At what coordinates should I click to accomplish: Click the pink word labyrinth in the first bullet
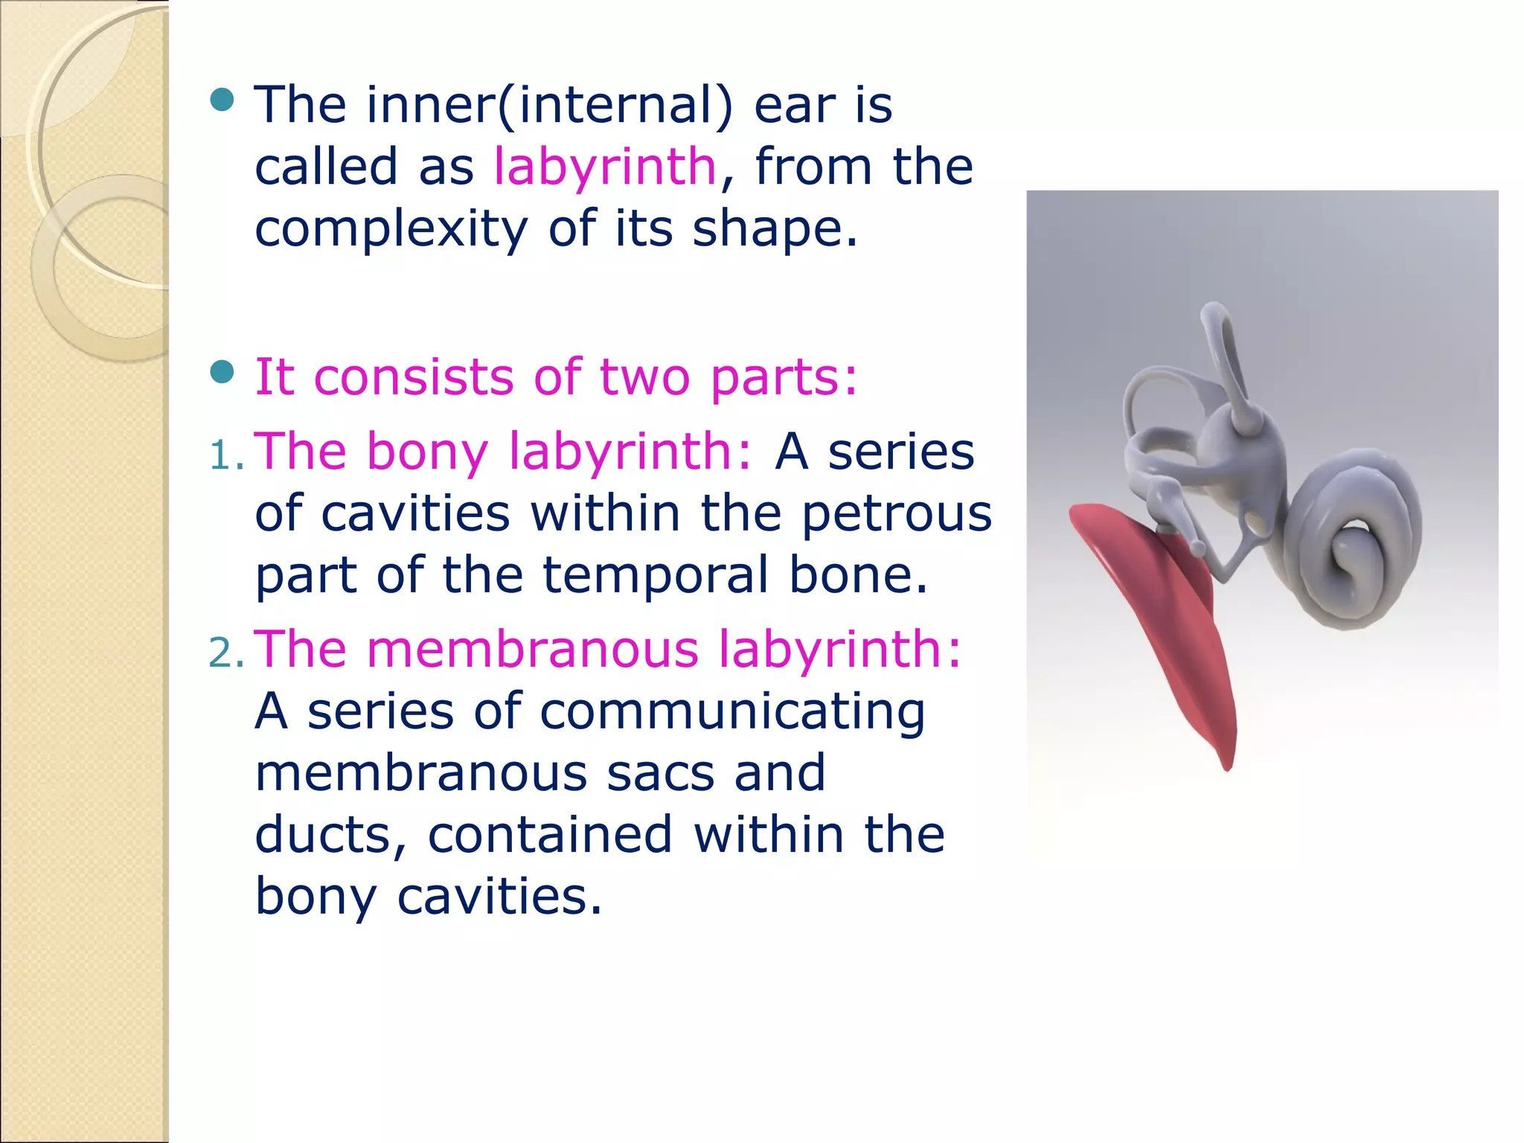tap(604, 167)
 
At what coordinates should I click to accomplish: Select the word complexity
tap(391, 228)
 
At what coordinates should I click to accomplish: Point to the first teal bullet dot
tap(222, 99)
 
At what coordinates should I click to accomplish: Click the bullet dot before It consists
tap(222, 371)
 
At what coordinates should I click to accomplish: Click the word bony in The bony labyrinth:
tap(427, 452)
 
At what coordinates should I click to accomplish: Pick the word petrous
tap(896, 514)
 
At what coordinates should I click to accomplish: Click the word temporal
tap(655, 576)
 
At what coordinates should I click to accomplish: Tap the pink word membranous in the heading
tap(532, 650)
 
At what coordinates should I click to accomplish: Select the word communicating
tap(732, 712)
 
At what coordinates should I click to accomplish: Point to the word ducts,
tap(330, 835)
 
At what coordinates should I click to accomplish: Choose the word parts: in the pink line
tap(784, 377)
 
